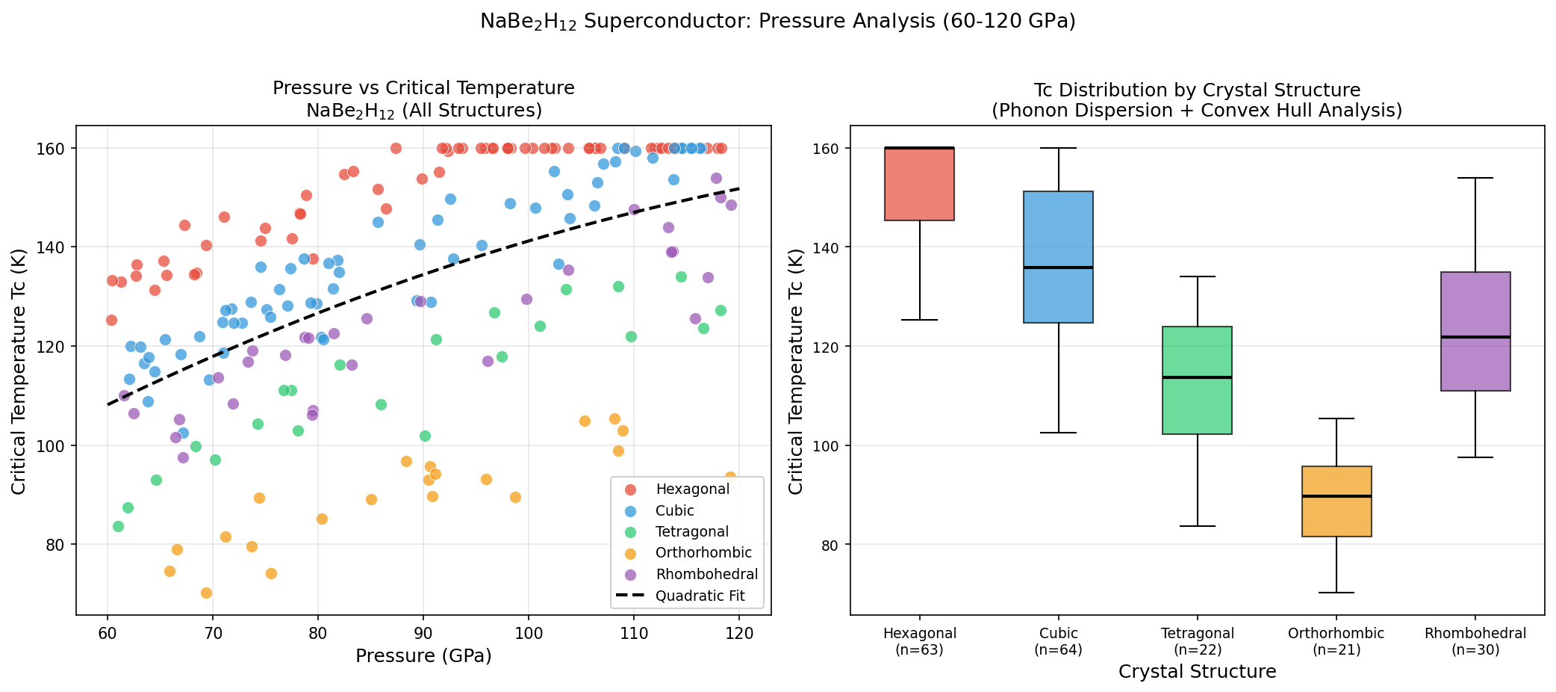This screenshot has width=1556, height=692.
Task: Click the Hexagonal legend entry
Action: coord(691,489)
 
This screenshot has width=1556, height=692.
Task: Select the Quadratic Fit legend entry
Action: coord(699,596)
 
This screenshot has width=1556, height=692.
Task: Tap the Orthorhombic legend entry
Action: coord(703,553)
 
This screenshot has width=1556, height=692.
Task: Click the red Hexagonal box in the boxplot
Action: coord(919,184)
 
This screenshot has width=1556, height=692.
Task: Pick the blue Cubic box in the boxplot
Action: coord(1058,257)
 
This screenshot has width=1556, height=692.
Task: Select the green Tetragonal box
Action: coord(1197,380)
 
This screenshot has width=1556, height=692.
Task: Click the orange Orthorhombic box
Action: coord(1336,501)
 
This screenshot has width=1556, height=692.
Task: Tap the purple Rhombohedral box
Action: coord(1475,331)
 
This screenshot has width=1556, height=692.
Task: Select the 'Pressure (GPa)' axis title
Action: coord(423,656)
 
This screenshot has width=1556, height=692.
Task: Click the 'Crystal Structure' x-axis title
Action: coord(1197,672)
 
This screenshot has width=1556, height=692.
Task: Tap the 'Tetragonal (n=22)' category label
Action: coord(1197,641)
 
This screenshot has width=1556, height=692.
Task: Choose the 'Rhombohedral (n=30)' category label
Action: coord(1475,641)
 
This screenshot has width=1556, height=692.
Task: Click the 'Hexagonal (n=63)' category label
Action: coord(919,641)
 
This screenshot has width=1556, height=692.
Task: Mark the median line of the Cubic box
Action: coord(1058,268)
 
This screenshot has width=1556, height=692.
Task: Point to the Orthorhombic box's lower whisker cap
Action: coord(1336,593)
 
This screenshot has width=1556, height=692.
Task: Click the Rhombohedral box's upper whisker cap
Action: coord(1475,178)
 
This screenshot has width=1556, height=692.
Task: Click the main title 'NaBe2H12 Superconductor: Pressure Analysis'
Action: coord(777,22)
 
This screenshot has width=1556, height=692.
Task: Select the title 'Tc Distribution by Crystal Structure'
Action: coord(1197,90)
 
